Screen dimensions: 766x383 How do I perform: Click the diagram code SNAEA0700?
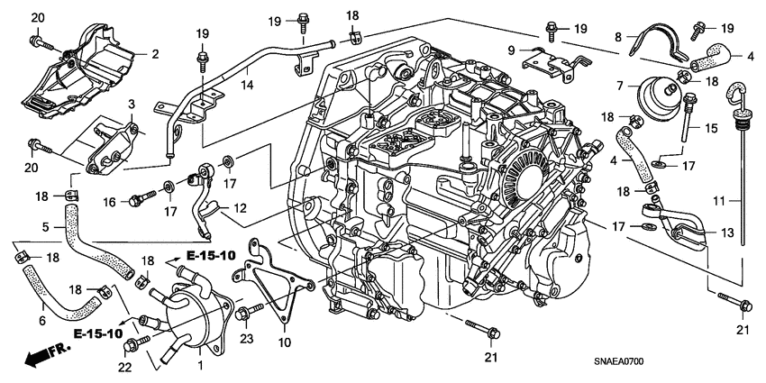(618, 361)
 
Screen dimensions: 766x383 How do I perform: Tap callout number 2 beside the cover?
(155, 54)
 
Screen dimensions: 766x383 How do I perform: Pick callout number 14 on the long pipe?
(248, 85)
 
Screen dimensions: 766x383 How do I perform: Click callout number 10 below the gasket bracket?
(284, 342)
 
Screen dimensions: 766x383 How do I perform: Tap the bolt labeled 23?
(250, 311)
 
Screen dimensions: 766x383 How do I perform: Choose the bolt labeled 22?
(137, 342)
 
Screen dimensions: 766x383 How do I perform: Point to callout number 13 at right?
(728, 233)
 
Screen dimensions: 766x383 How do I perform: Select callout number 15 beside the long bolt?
(711, 129)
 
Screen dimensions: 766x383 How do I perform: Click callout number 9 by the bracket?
(512, 50)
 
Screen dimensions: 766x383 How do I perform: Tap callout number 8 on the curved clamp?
(618, 37)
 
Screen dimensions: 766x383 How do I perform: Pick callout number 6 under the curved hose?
(42, 321)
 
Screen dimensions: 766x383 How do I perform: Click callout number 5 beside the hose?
(45, 227)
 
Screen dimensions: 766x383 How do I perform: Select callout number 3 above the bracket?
(131, 104)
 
